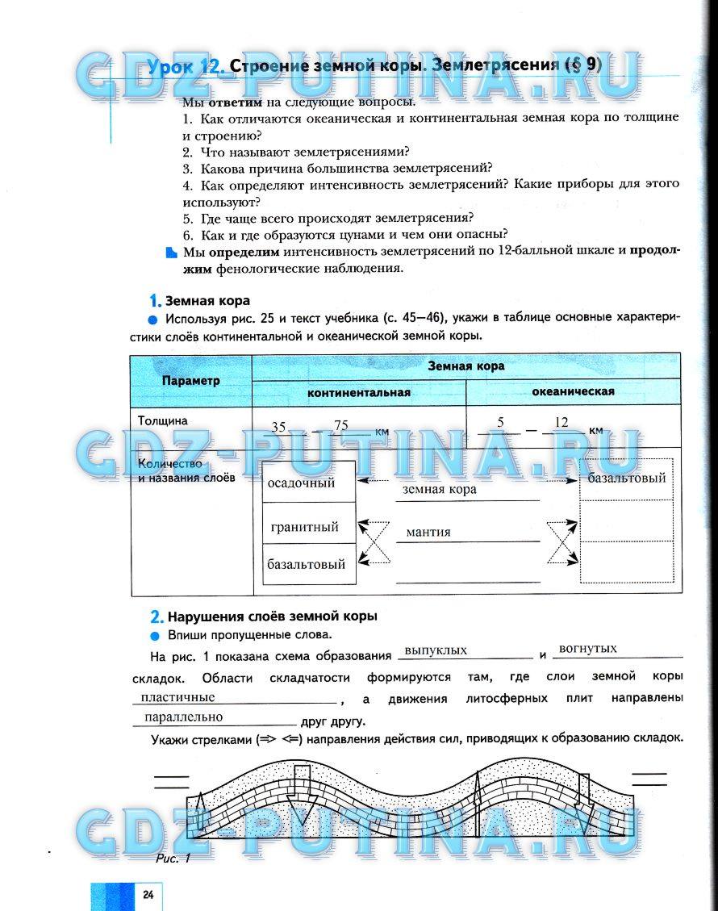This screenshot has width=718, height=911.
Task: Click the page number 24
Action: (x=148, y=894)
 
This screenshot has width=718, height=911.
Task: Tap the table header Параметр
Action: (x=190, y=381)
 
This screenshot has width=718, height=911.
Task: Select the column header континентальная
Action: (x=358, y=393)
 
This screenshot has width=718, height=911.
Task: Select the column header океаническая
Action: (x=573, y=391)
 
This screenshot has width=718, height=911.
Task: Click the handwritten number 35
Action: (x=278, y=427)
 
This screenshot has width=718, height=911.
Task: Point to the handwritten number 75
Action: (x=340, y=426)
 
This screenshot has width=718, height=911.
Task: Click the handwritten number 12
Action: (x=561, y=422)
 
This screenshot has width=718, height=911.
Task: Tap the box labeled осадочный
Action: (x=301, y=483)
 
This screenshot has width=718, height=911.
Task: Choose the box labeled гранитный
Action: (x=305, y=527)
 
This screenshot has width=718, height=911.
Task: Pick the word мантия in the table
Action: (x=428, y=532)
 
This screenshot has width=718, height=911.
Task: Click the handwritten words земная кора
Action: (x=439, y=489)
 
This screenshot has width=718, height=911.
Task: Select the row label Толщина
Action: (x=162, y=420)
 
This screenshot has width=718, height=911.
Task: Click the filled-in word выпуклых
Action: (x=436, y=650)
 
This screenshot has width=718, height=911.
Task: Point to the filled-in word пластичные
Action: (x=177, y=696)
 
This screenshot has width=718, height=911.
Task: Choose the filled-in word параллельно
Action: (x=182, y=716)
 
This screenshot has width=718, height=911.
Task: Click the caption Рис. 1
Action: (x=173, y=858)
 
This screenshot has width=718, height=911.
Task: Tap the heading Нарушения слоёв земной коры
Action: (x=271, y=616)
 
